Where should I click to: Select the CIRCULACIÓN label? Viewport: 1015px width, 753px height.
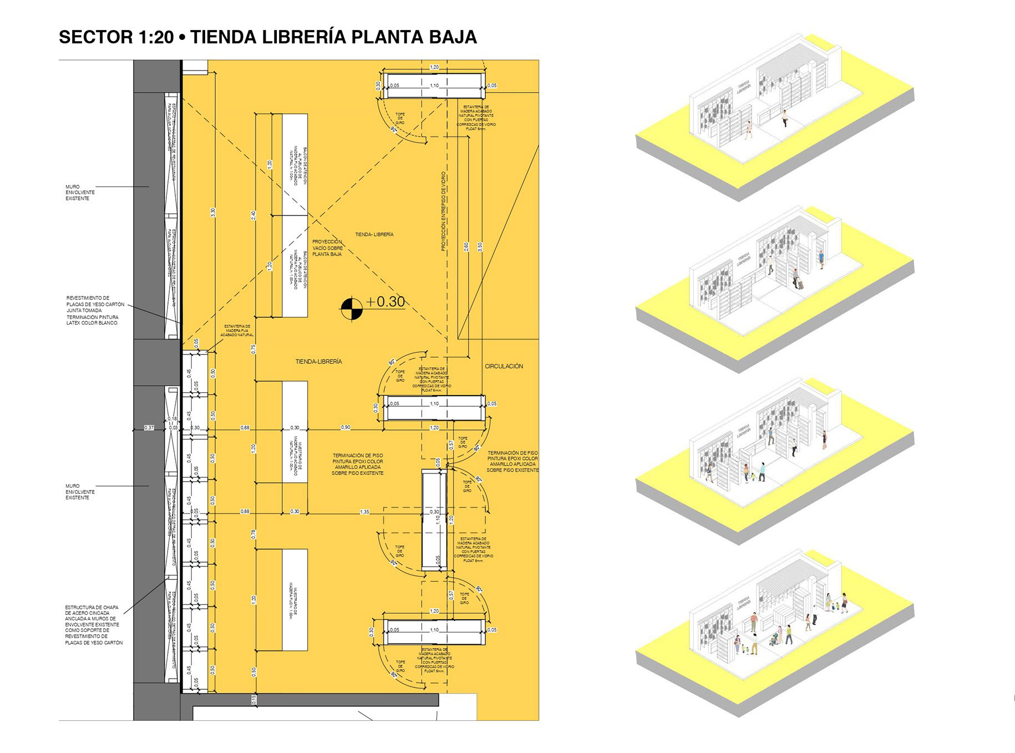504,366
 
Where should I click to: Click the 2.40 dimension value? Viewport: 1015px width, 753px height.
253,215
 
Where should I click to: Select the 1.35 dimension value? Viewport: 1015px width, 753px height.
364,512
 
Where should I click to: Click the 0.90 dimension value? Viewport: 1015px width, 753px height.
346,427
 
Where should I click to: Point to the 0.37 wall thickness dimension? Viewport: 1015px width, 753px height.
149,427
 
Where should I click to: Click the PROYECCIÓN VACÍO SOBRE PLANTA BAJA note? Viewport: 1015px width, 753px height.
327,248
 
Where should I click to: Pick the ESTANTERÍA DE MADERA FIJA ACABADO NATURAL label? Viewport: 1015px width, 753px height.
237,330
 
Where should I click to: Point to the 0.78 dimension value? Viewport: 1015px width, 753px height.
253,534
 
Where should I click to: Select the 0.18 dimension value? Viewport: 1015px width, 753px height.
173,419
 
